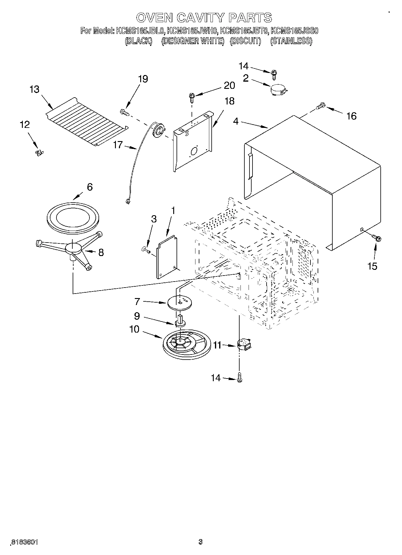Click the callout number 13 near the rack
tap(35, 89)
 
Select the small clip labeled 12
tap(39, 153)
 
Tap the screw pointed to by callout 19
tap(124, 112)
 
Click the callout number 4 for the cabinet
tap(236, 122)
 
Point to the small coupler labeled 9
tap(180, 322)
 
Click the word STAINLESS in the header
tap(291, 41)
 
